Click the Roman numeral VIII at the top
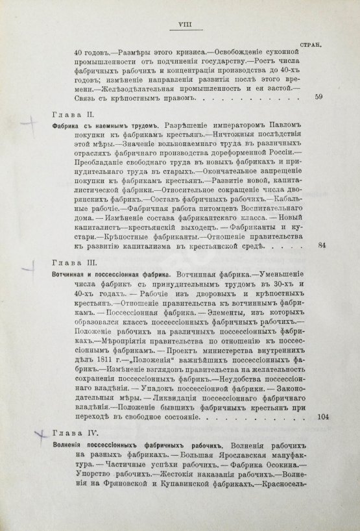(178, 26)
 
